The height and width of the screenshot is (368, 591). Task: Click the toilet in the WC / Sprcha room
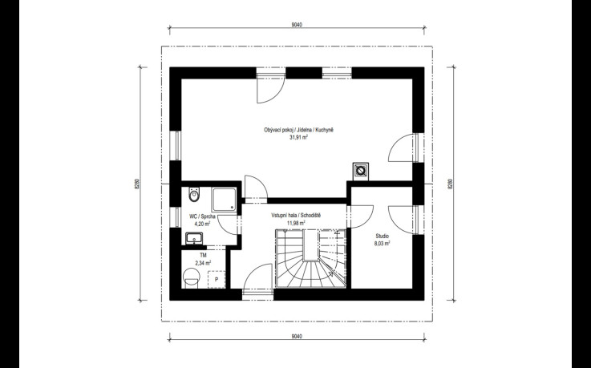(x=194, y=194)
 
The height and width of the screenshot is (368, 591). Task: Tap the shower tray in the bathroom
(x=224, y=200)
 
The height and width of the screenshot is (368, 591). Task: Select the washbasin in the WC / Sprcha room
(x=194, y=238)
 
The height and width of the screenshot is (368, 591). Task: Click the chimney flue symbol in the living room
(x=361, y=171)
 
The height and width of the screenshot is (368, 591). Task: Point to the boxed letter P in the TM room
(x=217, y=280)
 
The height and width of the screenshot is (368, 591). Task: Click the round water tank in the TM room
(x=192, y=277)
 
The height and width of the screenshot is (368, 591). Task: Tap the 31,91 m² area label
(x=298, y=138)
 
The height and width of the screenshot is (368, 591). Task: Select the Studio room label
(x=382, y=237)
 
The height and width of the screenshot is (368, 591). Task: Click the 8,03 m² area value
(x=382, y=244)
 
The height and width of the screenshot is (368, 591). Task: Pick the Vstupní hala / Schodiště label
(x=296, y=216)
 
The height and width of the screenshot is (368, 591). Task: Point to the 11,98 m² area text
(x=296, y=223)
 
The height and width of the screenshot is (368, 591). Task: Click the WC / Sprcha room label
(x=202, y=216)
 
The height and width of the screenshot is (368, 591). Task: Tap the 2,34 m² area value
(x=203, y=263)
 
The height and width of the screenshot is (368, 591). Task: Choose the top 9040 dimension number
(x=297, y=25)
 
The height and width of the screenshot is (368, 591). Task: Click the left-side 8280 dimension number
(x=138, y=184)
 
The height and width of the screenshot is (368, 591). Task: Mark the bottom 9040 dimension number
(x=297, y=337)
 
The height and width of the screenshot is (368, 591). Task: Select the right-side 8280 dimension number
(x=450, y=184)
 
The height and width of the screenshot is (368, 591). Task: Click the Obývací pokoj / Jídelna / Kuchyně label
(x=298, y=130)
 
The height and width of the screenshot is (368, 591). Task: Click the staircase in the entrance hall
(x=310, y=258)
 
